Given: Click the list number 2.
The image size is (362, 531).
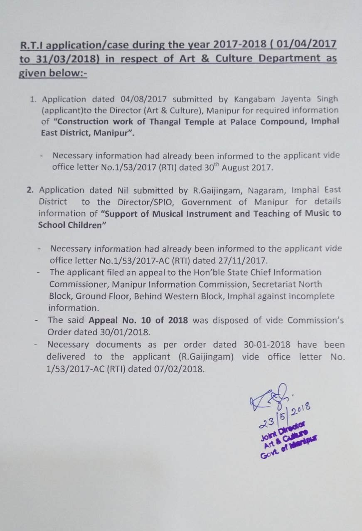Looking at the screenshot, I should coord(30,190).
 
